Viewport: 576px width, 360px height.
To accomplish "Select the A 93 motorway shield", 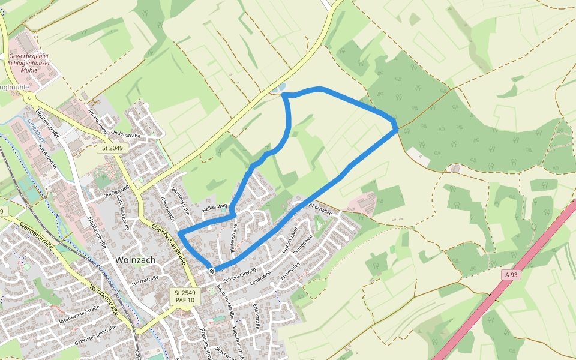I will pyautogui.click(x=511, y=274).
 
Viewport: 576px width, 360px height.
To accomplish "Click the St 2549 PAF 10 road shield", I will pyautogui.click(x=185, y=296).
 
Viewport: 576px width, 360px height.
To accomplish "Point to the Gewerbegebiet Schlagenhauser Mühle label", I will pyautogui.click(x=29, y=63).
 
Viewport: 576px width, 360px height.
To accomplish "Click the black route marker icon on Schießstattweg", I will pyautogui.click(x=212, y=271).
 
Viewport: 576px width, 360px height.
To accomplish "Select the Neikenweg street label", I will pyautogui.click(x=215, y=207).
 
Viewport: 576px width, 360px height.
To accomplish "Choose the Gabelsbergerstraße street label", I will pyautogui.click(x=95, y=335).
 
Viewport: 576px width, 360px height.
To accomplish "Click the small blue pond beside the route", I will pyautogui.click(x=277, y=91).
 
